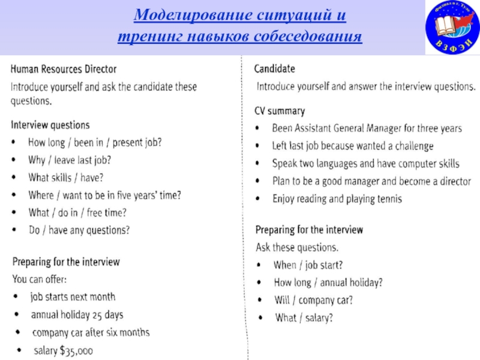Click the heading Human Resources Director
point(64,69)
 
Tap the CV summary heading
point(280,111)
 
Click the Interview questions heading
point(50,125)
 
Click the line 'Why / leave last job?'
point(70,160)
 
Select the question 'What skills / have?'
point(66,178)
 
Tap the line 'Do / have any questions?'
point(79,230)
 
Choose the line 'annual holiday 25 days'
point(77,314)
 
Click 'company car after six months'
point(91,332)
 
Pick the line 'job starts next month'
point(73,297)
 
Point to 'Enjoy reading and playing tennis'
point(337,199)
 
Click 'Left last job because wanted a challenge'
point(352,146)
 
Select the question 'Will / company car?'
point(313,299)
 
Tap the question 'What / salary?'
point(304,317)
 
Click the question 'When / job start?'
point(308,265)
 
